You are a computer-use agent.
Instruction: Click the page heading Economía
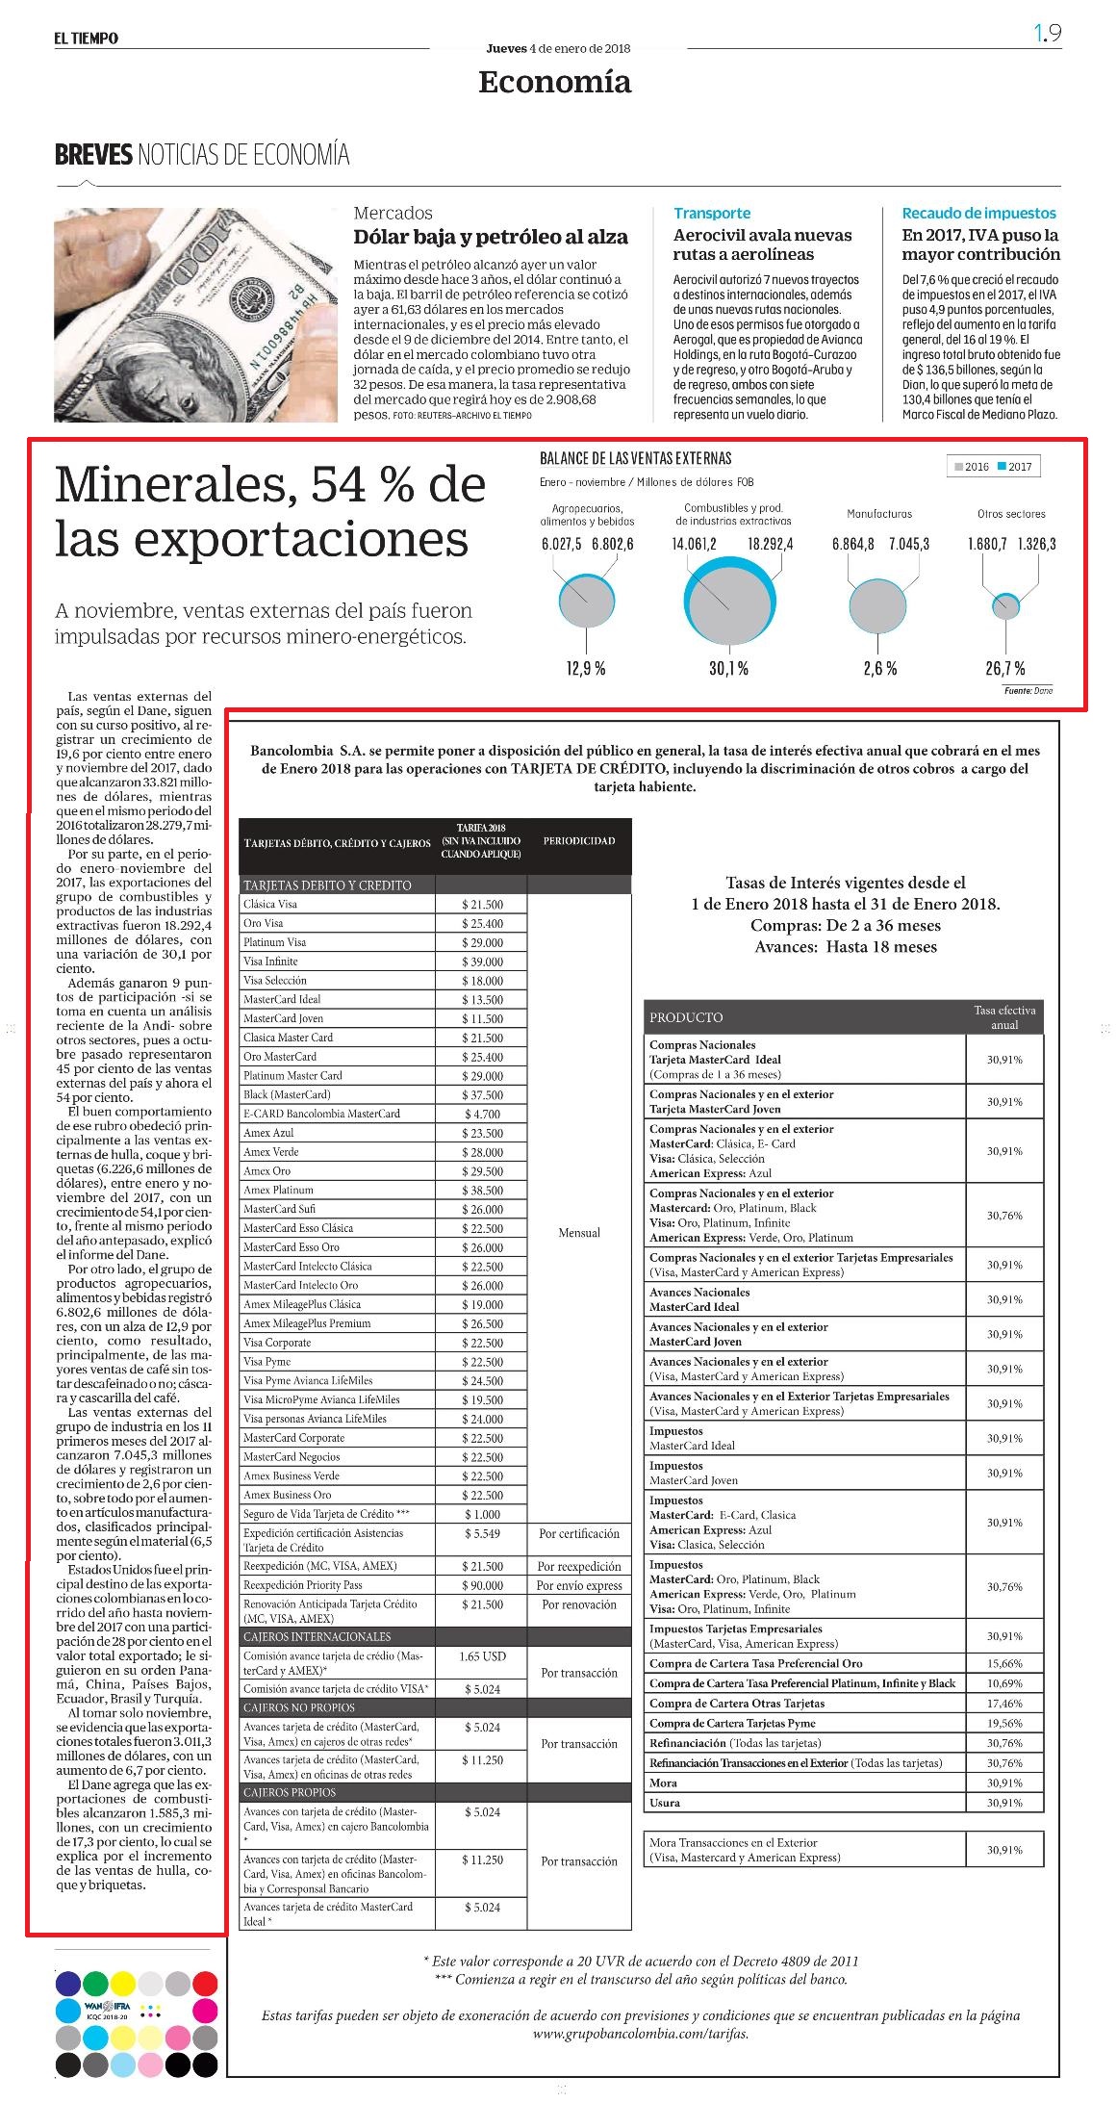(554, 83)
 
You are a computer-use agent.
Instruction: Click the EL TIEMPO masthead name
(87, 38)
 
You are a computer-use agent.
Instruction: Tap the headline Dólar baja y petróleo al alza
(491, 237)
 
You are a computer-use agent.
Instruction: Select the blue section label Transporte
(712, 213)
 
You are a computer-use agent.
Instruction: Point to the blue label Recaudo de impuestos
(978, 213)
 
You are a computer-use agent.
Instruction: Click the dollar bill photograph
(196, 315)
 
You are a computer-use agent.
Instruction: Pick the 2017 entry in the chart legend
(1014, 467)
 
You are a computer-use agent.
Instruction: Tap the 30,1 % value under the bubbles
(728, 669)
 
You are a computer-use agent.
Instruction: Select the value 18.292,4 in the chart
(770, 544)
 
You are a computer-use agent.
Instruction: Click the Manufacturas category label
(879, 514)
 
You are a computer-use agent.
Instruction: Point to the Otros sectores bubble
(1005, 605)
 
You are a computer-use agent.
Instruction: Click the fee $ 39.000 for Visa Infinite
(482, 962)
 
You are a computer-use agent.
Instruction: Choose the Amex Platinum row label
(278, 1190)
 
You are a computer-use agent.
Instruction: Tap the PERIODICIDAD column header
(579, 840)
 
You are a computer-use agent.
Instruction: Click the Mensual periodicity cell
(579, 1232)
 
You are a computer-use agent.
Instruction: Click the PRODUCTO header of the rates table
(686, 1016)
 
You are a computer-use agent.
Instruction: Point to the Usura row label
(665, 1802)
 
